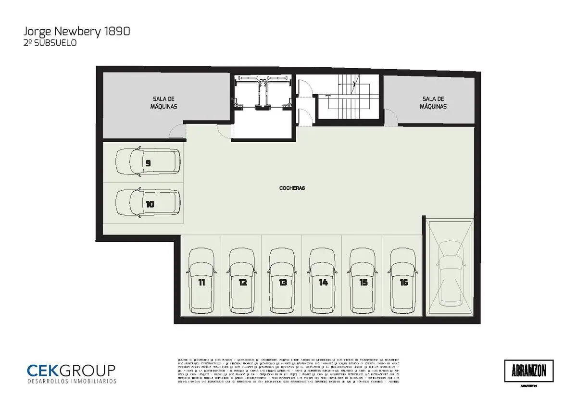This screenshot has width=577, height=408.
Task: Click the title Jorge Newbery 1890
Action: (x=76, y=32)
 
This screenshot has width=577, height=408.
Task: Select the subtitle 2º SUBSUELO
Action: (x=50, y=43)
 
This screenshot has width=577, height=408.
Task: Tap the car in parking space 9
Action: (x=148, y=163)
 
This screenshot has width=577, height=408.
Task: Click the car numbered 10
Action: (x=148, y=204)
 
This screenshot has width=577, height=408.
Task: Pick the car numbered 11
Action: (x=201, y=281)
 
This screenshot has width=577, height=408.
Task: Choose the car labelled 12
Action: (x=242, y=281)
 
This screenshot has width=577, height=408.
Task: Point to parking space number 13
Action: (x=282, y=281)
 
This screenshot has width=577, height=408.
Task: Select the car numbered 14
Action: (x=323, y=281)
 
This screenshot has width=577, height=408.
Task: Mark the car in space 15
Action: (x=363, y=281)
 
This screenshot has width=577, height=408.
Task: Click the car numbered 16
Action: (x=403, y=281)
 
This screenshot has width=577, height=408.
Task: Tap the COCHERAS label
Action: (x=292, y=188)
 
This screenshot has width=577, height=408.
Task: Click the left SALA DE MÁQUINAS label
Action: (x=163, y=102)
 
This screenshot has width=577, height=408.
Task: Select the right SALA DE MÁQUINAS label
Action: (x=433, y=102)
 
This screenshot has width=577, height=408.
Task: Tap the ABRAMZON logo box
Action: (x=528, y=371)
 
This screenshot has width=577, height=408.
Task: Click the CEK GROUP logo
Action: (x=71, y=370)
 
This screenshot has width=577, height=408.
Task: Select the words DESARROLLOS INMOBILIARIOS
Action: (x=72, y=381)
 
